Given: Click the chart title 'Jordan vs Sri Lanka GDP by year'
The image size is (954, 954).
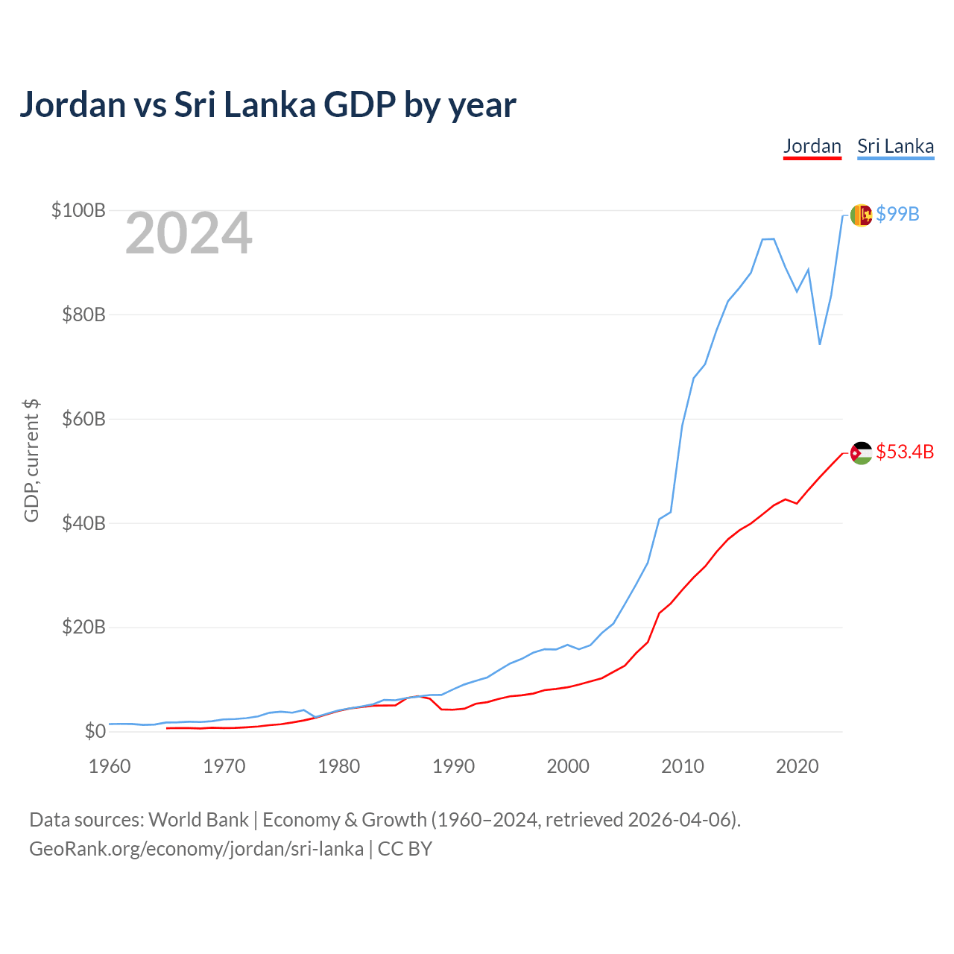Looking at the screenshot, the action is tap(268, 105).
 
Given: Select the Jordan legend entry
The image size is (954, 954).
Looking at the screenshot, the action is tap(812, 147).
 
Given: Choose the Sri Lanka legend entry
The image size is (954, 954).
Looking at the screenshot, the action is tap(896, 147).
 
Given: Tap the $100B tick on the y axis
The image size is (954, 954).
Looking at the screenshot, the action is tap(78, 210).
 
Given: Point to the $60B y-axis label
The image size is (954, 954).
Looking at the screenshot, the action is tap(83, 419).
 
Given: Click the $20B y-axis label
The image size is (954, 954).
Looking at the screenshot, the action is tap(83, 628).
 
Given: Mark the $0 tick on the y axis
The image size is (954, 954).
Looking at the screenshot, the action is tap(95, 731).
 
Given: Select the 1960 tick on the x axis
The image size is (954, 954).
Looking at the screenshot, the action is tap(110, 767).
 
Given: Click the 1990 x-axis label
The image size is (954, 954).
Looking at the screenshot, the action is tap(453, 767).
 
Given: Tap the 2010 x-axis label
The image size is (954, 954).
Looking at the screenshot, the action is tap(683, 767).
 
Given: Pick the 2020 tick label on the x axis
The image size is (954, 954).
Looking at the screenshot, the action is tap(797, 767).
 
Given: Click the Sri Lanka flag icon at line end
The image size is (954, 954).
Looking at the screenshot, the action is tap(862, 215).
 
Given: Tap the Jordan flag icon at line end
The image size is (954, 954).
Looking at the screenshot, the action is tap(862, 453).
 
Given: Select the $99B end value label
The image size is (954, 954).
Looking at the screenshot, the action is tap(897, 215).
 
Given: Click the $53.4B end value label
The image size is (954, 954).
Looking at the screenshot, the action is tap(905, 452).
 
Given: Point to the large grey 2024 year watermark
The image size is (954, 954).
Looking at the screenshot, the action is tap(189, 233).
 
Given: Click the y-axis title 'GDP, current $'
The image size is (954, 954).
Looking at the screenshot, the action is tap(31, 461).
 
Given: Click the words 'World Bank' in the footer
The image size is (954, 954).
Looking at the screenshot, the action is tap(198, 821).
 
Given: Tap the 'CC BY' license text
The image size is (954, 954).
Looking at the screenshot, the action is tap(405, 849).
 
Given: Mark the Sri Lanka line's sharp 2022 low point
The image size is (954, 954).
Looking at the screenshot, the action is tap(820, 344).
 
